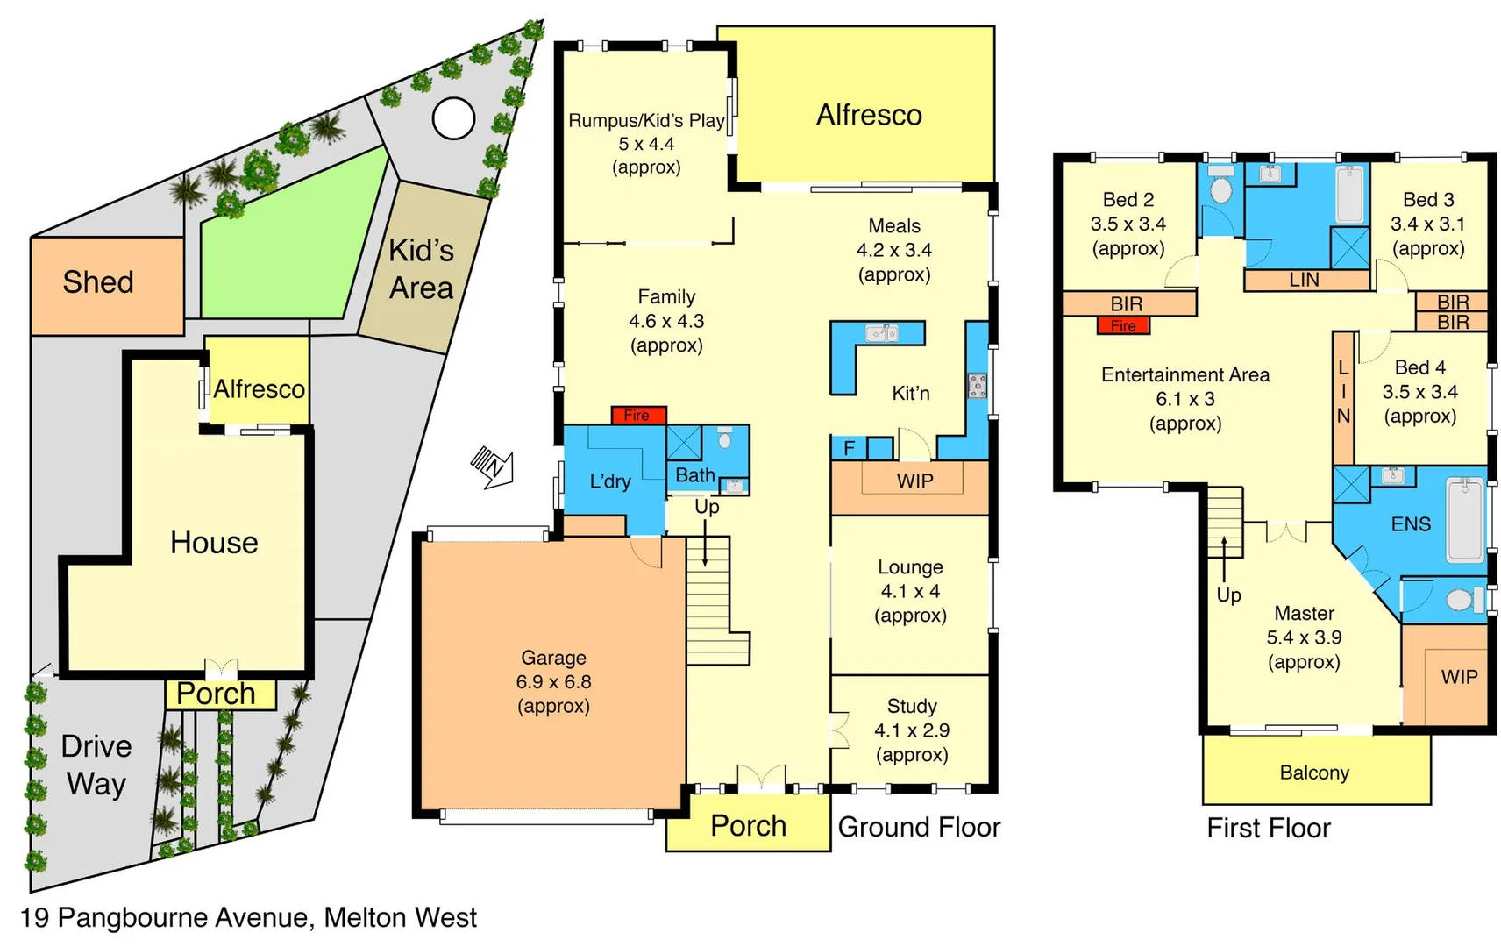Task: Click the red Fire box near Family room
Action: pyautogui.click(x=638, y=415)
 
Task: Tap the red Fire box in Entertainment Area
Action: pyautogui.click(x=1123, y=326)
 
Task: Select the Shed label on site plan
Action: pyautogui.click(x=98, y=282)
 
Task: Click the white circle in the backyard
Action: pyautogui.click(x=453, y=117)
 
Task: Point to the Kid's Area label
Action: pyautogui.click(x=422, y=269)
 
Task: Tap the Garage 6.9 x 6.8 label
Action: pyautogui.click(x=553, y=681)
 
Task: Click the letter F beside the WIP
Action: pyautogui.click(x=849, y=448)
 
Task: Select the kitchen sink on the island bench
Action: pyautogui.click(x=881, y=333)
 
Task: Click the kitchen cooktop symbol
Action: pyautogui.click(x=977, y=385)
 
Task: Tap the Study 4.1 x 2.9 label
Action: pyautogui.click(x=912, y=730)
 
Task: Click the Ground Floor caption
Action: pyautogui.click(x=919, y=827)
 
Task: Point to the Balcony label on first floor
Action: pyautogui.click(x=1314, y=773)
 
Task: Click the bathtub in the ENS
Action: pyautogui.click(x=1465, y=519)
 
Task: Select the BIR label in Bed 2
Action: pyautogui.click(x=1127, y=303)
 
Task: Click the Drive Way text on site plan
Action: pyautogui.click(x=96, y=765)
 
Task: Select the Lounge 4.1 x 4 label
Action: pyautogui.click(x=910, y=591)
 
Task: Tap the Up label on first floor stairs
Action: pyautogui.click(x=1228, y=595)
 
